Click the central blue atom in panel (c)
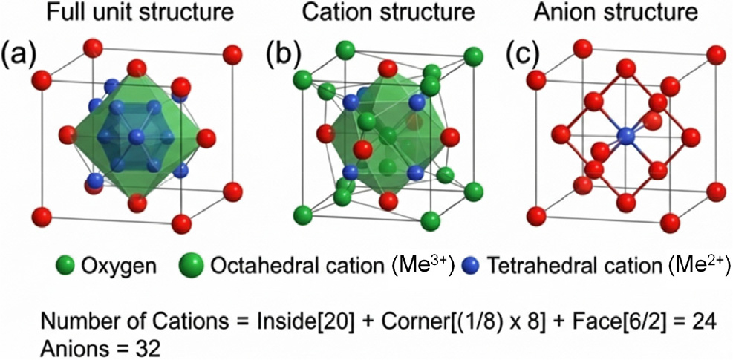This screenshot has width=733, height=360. [625, 136]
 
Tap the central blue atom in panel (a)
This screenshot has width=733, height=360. [137, 137]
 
